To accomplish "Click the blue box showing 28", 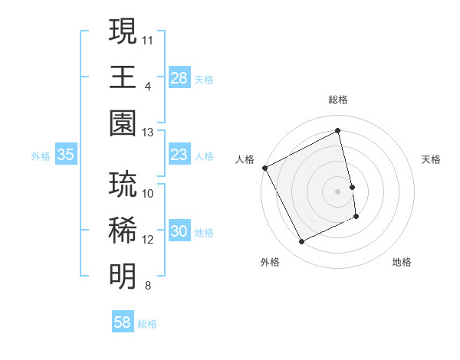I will pyautogui.click(x=179, y=78).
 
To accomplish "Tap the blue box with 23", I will pyautogui.click(x=179, y=155).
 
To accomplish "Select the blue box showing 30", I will pyautogui.click(x=179, y=232).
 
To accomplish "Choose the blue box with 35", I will pyautogui.click(x=65, y=155).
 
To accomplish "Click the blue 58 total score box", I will pyautogui.click(x=122, y=322).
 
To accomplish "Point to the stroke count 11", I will pyautogui.click(x=148, y=38).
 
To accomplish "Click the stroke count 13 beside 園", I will pyautogui.click(x=148, y=133).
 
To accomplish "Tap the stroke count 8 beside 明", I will pyautogui.click(x=148, y=286).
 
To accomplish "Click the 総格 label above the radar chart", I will pyautogui.click(x=338, y=100).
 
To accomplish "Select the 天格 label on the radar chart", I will pyautogui.click(x=432, y=159).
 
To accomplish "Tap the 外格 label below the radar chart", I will pyautogui.click(x=270, y=262).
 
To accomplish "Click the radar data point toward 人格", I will pyautogui.click(x=264, y=168).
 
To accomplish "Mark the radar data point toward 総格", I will pyautogui.click(x=338, y=131).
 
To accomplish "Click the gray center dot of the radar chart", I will pyautogui.click(x=338, y=191).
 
